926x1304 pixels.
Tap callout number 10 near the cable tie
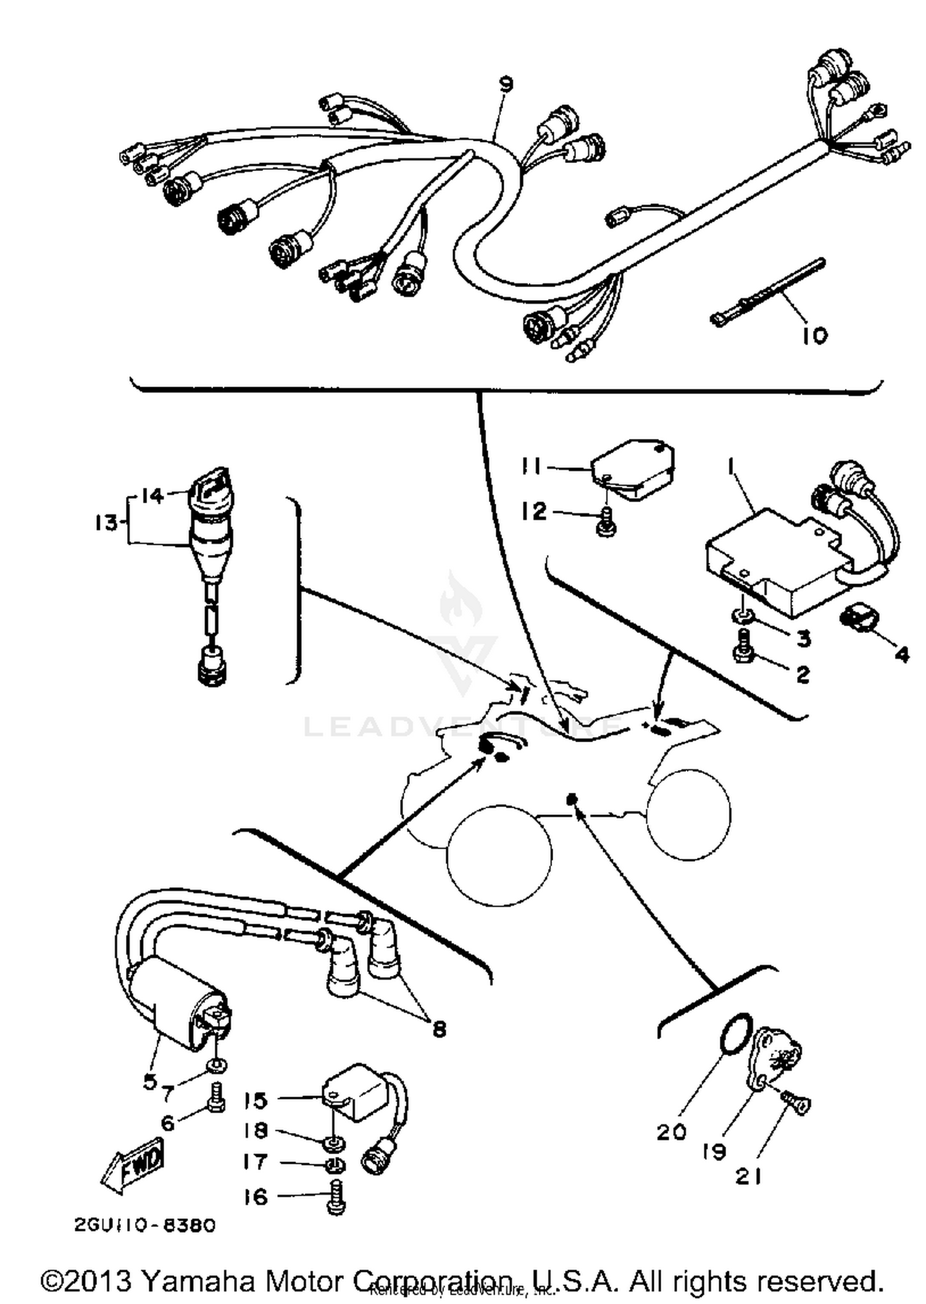pyautogui.click(x=815, y=336)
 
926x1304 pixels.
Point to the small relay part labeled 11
pyautogui.click(x=633, y=469)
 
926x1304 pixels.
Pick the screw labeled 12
pyautogui.click(x=607, y=522)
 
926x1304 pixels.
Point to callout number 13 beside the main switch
pyautogui.click(x=106, y=523)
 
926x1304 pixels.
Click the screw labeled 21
pyautogui.click(x=796, y=1101)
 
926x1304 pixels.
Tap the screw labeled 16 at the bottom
pyautogui.click(x=336, y=1198)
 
